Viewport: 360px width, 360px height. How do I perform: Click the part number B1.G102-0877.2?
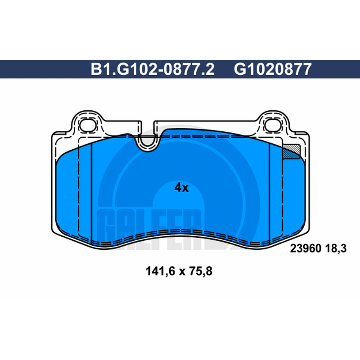(153, 69)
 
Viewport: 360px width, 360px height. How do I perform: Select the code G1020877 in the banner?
(273, 69)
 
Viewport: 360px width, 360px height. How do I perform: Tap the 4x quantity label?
(181, 188)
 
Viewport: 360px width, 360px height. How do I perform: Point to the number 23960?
(306, 248)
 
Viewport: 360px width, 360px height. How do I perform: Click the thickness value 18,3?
(336, 249)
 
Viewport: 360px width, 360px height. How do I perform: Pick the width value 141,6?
(160, 271)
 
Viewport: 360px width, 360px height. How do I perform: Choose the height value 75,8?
(201, 271)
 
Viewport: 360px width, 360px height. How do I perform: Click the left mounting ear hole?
(87, 126)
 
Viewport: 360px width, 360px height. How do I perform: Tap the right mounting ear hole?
(273, 126)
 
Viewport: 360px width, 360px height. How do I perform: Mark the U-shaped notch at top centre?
(148, 145)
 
